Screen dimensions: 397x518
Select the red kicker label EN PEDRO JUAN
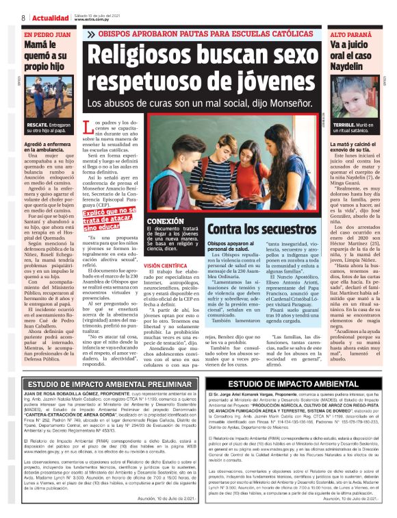tap(47, 34)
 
